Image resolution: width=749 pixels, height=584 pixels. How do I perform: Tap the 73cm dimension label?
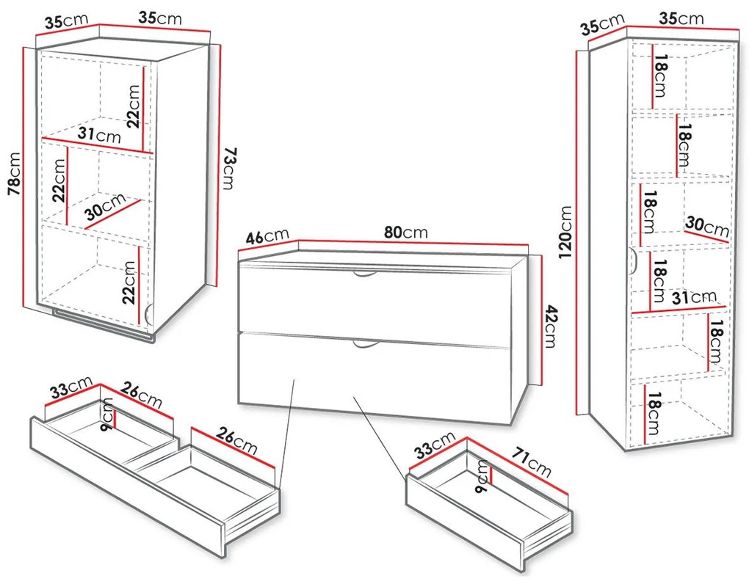(229, 168)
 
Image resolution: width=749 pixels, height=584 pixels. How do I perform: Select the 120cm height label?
(565, 232)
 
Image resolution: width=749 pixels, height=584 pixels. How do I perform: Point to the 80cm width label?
(405, 233)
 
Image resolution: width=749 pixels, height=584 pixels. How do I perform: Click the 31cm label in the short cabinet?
(99, 136)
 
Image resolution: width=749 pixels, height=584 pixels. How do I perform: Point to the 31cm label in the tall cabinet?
(693, 297)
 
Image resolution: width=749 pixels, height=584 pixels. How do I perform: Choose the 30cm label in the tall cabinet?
(706, 225)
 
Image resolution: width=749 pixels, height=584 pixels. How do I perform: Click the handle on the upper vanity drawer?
(364, 274)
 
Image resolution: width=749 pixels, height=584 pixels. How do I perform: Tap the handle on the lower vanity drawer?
(364, 343)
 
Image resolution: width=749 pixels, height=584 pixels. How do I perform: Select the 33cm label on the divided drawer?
(70, 388)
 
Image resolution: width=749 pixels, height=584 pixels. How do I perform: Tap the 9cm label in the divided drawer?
(107, 413)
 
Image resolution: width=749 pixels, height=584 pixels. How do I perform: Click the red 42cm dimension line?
(541, 320)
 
